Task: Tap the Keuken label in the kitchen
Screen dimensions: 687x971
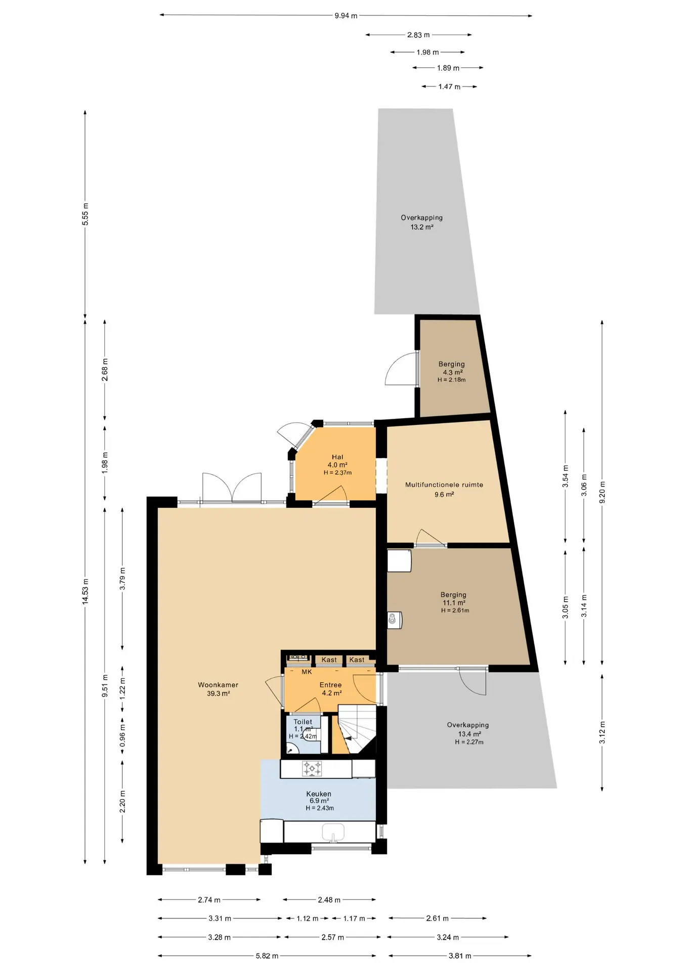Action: coord(319,793)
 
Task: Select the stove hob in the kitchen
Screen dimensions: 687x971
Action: coord(312,769)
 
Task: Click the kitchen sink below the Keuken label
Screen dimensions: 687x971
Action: coord(333,832)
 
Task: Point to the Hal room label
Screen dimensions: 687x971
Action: coord(337,457)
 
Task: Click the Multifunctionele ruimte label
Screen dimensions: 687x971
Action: coord(444,484)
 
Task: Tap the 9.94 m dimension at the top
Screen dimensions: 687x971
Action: coord(346,16)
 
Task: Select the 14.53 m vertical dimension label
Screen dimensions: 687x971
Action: coord(85,591)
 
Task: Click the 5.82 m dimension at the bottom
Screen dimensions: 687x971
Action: coord(267,956)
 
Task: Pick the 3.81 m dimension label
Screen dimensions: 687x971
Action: coord(460,956)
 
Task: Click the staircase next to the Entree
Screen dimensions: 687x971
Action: coord(357,729)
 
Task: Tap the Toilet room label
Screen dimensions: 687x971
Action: coord(303,722)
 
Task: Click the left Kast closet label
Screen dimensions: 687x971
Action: coord(329,659)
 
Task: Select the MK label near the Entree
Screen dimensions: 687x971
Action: coord(307,672)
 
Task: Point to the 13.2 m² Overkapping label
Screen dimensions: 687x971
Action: coord(422,222)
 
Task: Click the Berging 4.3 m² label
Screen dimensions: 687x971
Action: coord(452,368)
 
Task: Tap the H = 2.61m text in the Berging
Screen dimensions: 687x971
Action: coord(455,610)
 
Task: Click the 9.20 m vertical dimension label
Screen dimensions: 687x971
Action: coord(602,492)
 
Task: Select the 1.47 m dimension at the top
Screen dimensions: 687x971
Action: coord(449,86)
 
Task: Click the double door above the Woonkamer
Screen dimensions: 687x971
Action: coord(232,488)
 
